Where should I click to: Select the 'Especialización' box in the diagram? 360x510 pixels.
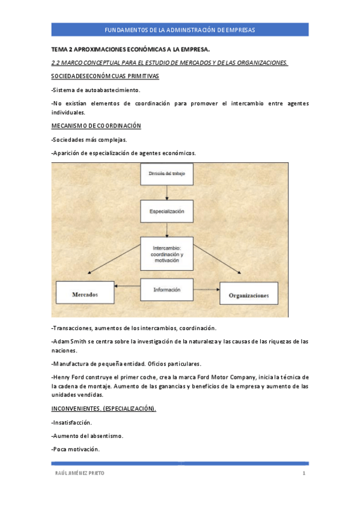click(166, 211)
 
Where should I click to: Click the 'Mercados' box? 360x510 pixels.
click(85, 294)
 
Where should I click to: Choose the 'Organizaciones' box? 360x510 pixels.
click(249, 295)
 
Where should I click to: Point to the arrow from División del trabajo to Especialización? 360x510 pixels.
click(166, 193)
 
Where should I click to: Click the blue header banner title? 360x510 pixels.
click(180, 29)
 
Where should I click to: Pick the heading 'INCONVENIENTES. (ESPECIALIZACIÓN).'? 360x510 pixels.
click(104, 408)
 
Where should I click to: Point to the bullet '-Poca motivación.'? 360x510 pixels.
click(76, 449)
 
